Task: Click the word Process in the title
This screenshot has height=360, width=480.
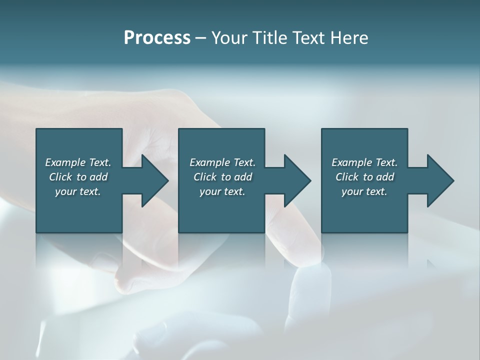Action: coord(157,38)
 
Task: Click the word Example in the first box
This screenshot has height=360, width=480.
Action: coord(65,162)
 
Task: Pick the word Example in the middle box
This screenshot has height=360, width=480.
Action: coord(209,162)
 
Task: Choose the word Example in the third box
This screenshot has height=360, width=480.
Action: coord(351,162)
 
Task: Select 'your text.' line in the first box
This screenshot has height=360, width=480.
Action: coord(78,191)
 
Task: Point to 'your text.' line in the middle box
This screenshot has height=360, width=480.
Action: coord(222,191)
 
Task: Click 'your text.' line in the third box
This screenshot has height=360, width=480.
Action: coord(364,191)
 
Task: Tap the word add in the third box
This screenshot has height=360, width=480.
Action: coord(385,177)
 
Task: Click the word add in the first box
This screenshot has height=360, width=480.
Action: coord(98,177)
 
